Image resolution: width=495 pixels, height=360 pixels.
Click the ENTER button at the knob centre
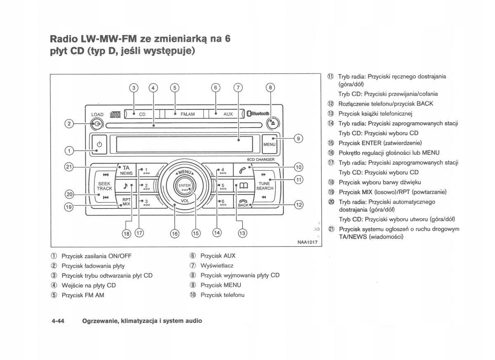coord(184,186)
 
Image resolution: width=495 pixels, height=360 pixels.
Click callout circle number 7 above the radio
coord(238,88)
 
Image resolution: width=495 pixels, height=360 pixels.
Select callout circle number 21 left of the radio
coord(69,167)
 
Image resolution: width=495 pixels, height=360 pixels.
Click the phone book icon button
coord(243,186)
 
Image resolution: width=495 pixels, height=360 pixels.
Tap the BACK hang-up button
coord(243,203)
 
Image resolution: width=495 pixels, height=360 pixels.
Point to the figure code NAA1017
coord(307,242)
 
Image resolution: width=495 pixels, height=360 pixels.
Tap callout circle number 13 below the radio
coord(242,233)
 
